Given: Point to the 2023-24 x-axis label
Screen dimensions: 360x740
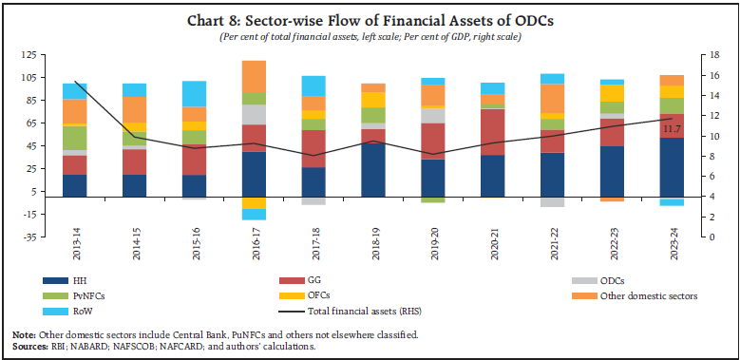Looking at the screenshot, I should pyautogui.click(x=673, y=256).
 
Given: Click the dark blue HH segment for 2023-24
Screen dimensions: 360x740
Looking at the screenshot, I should pyautogui.click(x=673, y=167).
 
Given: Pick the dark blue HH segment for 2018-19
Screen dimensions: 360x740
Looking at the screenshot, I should pyautogui.click(x=372, y=170).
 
